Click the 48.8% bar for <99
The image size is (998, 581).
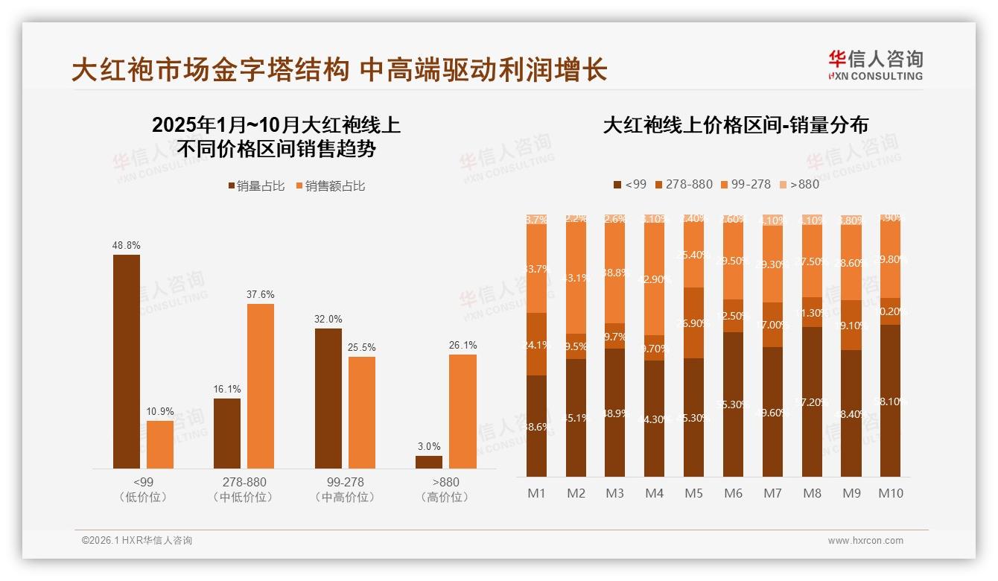pyautogui.click(x=127, y=361)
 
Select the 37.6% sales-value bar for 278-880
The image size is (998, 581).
pyautogui.click(x=261, y=386)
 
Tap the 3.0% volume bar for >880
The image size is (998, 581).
pyautogui.click(x=429, y=462)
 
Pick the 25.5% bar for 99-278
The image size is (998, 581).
pyautogui.click(x=362, y=412)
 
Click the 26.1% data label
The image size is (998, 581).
pyautogui.click(x=463, y=345)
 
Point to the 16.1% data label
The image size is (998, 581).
pyautogui.click(x=227, y=389)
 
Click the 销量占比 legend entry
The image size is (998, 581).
pyautogui.click(x=256, y=186)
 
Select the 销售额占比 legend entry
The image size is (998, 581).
pyautogui.click(x=330, y=186)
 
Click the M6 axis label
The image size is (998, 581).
pyautogui.click(x=733, y=493)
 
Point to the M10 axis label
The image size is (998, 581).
pyautogui.click(x=890, y=493)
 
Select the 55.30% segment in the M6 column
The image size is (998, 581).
pyautogui.click(x=733, y=404)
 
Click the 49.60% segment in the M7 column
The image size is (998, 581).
pyautogui.click(x=772, y=411)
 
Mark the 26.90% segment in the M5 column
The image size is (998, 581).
pyautogui.click(x=693, y=323)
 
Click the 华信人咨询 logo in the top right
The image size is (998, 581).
pyautogui.click(x=875, y=66)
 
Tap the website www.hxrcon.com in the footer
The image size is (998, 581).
pyautogui.click(x=865, y=541)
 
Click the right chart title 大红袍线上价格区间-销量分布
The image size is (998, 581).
pyautogui.click(x=736, y=125)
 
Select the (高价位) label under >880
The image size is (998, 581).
pyautogui.click(x=445, y=498)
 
